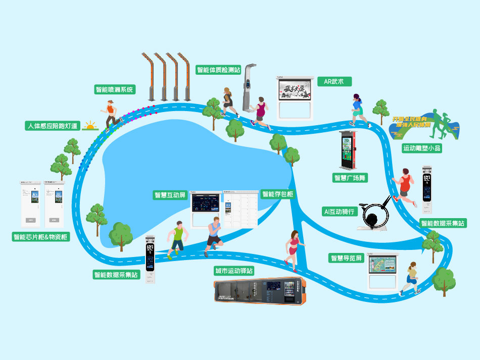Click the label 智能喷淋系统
click(115, 89)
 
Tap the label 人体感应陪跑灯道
click(53, 126)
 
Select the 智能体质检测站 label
click(218, 70)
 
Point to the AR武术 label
click(333, 81)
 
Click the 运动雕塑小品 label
click(422, 148)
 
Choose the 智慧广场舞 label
click(350, 178)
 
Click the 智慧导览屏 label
click(346, 258)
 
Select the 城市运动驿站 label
click(234, 271)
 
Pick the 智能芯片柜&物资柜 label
click(41, 237)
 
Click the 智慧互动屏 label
click(170, 195)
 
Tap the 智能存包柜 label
click(277, 194)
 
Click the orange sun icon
click(90, 126)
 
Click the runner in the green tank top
click(177, 238)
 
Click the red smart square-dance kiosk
click(348, 151)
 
